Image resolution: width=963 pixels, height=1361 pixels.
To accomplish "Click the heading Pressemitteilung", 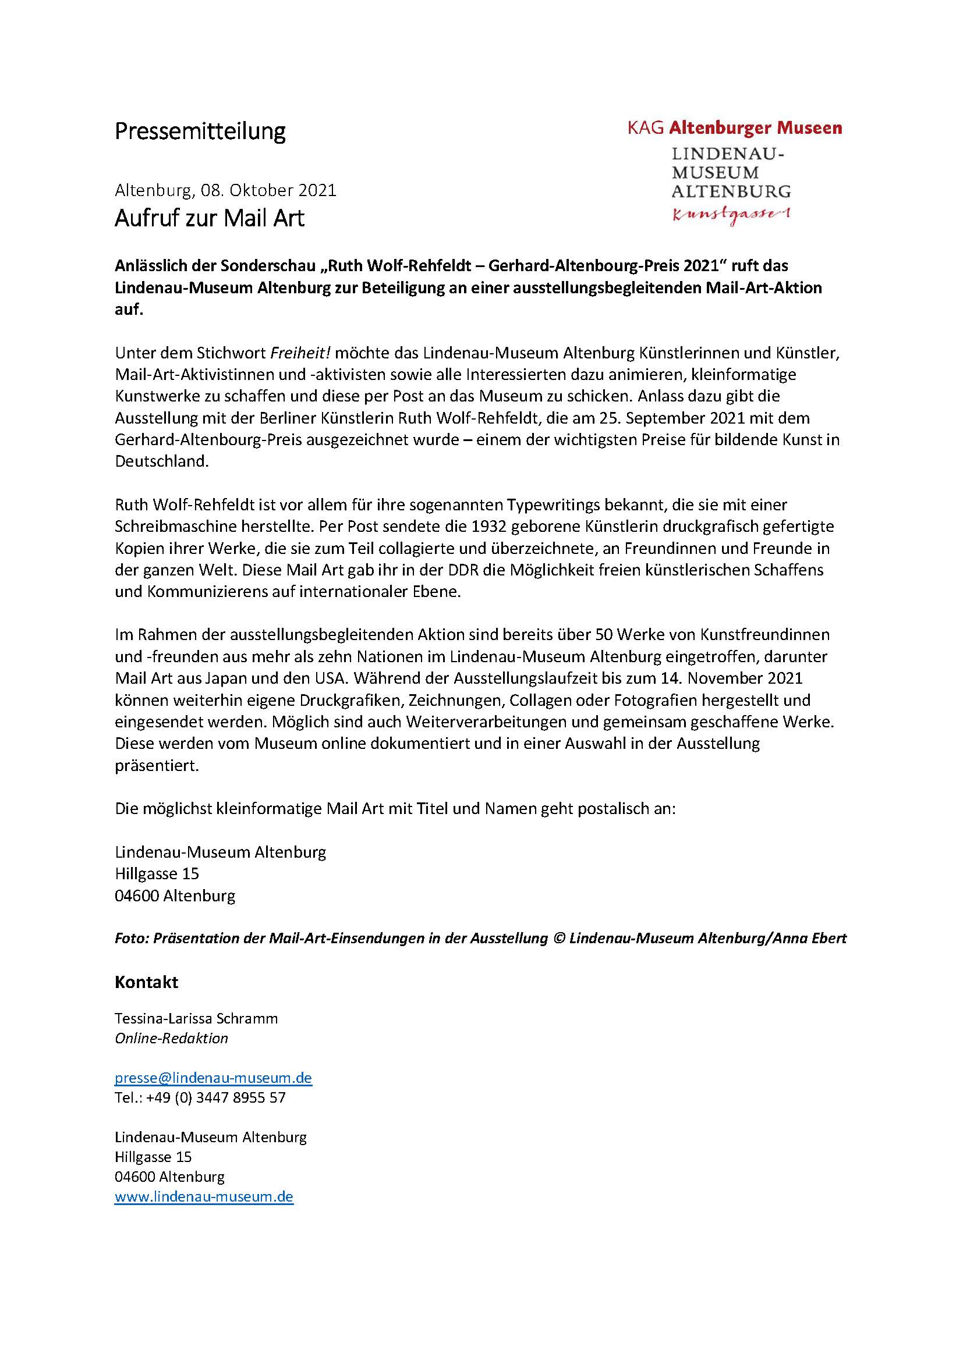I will click(x=200, y=131).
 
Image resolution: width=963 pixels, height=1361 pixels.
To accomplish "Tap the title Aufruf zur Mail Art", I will click(x=210, y=218).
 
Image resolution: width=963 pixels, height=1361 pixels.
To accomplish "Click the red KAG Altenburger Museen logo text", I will click(x=735, y=127).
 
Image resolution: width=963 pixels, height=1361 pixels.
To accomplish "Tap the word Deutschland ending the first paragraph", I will click(x=161, y=462).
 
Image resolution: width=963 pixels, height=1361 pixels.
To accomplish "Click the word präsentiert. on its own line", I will click(x=157, y=765).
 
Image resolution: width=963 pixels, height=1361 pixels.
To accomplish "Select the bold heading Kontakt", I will click(x=146, y=982).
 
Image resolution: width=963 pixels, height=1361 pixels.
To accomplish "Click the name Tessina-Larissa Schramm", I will click(x=196, y=1018).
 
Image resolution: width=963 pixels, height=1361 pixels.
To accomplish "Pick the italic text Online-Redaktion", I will click(x=171, y=1039).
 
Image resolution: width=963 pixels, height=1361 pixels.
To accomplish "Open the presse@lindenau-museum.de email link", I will click(x=214, y=1078).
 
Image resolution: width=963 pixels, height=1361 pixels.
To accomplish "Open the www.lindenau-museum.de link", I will click(x=204, y=1196).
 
